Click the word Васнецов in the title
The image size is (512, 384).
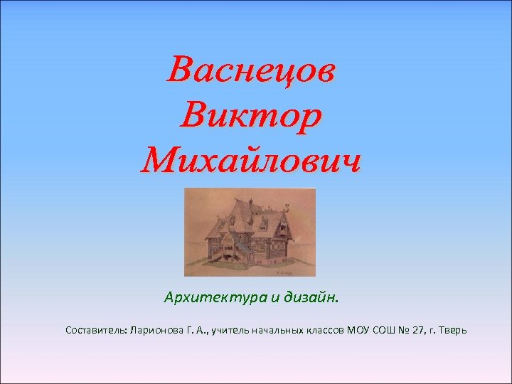tap(251, 71)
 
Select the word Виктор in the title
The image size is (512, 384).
tap(251, 115)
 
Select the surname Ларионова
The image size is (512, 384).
tap(155, 331)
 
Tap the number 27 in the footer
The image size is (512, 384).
tap(420, 331)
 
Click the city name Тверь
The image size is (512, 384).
tap(454, 331)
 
